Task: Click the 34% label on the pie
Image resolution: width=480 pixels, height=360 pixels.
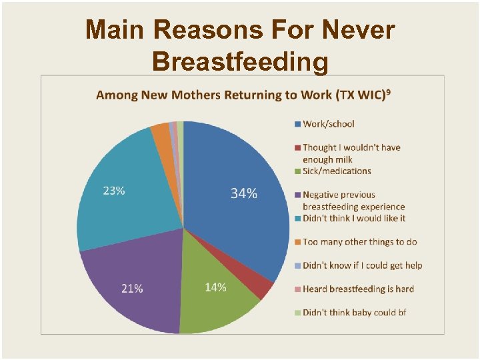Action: pyautogui.click(x=244, y=193)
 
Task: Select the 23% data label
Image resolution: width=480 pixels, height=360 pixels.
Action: pyautogui.click(x=114, y=191)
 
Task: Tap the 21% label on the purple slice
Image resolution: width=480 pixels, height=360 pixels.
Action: pyautogui.click(x=132, y=288)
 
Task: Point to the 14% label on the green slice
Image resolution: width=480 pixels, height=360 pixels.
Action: pyautogui.click(x=215, y=287)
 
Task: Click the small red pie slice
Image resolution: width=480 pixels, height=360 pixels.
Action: pyautogui.click(x=262, y=288)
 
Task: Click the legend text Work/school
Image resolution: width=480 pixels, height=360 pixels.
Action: pyautogui.click(x=328, y=124)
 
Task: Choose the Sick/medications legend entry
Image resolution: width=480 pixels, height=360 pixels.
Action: pyautogui.click(x=337, y=171)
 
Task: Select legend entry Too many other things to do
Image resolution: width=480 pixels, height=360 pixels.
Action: pyautogui.click(x=359, y=242)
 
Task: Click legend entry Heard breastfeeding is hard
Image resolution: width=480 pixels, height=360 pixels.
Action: pyautogui.click(x=358, y=289)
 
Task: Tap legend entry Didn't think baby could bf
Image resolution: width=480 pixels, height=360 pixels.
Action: pyautogui.click(x=354, y=312)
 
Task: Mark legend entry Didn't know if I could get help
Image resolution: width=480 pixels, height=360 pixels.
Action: pyautogui.click(x=362, y=265)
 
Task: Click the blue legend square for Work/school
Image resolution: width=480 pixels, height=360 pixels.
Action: pyautogui.click(x=297, y=124)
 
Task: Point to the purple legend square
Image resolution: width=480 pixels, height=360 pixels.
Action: pyautogui.click(x=297, y=195)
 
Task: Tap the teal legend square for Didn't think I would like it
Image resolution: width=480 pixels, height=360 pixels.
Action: pyautogui.click(x=297, y=219)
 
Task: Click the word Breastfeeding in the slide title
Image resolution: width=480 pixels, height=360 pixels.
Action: pyautogui.click(x=240, y=61)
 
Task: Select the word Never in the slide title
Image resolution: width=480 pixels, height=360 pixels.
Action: pyautogui.click(x=358, y=30)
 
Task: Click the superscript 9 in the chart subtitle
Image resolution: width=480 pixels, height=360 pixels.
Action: pyautogui.click(x=388, y=91)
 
